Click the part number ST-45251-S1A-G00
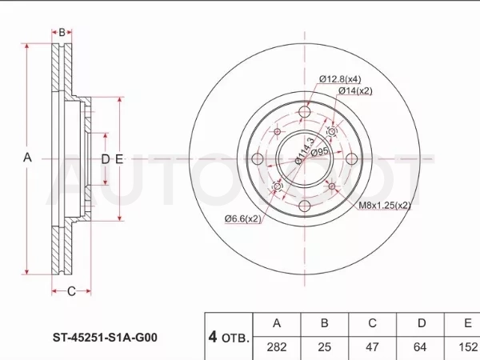click(105, 338)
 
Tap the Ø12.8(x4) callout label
click(340, 79)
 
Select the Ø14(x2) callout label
click(355, 91)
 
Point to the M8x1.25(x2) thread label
click(385, 205)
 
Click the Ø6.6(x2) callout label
click(243, 218)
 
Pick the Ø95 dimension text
click(319, 152)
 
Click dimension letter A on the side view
click(27, 158)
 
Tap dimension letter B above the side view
click(62, 32)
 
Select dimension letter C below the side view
click(71, 291)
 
